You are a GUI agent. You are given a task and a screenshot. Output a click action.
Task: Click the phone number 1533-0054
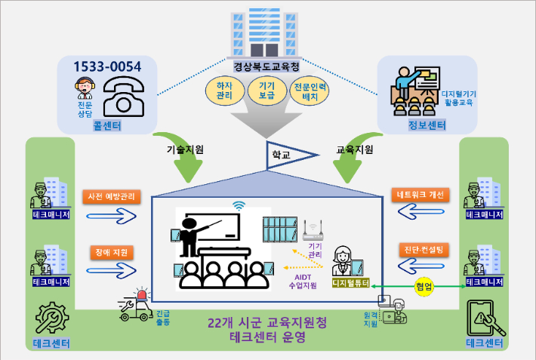coord(106,66)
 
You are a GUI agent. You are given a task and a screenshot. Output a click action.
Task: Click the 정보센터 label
coord(427,125)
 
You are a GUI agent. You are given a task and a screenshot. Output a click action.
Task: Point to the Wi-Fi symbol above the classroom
coord(239,205)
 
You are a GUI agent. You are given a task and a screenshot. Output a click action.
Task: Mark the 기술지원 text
coord(185,149)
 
